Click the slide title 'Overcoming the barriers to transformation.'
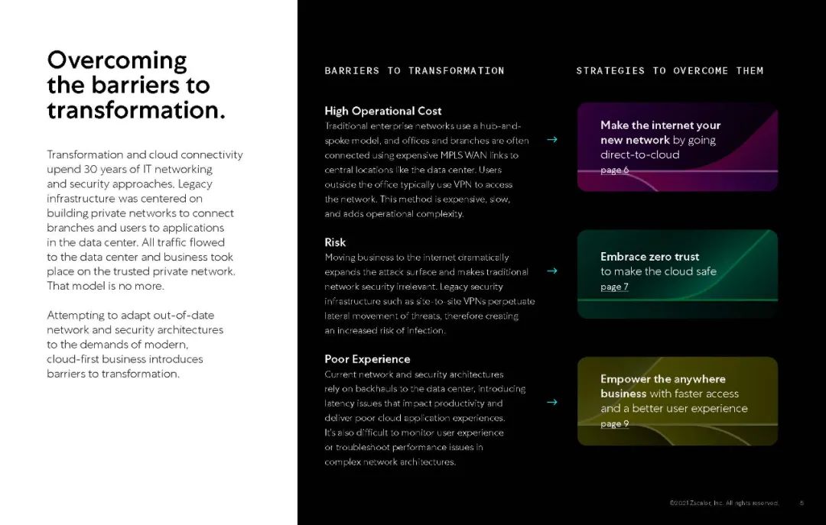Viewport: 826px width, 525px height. [x=136, y=85]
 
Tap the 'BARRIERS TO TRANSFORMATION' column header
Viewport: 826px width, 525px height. [x=414, y=70]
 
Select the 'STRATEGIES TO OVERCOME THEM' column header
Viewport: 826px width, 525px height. [x=669, y=70]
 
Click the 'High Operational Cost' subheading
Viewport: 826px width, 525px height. [x=382, y=111]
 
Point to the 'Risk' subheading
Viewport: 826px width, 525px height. [x=335, y=242]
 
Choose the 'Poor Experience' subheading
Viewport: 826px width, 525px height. [x=367, y=359]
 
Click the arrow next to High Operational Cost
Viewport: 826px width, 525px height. [x=552, y=140]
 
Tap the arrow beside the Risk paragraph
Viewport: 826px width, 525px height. [x=552, y=271]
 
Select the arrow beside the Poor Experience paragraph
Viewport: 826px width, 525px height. [x=552, y=403]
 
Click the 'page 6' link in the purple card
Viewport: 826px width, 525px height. [x=614, y=170]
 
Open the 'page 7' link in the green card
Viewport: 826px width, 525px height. [x=614, y=287]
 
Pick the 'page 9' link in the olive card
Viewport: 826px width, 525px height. [x=614, y=423]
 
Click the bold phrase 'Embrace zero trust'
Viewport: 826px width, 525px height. [x=649, y=257]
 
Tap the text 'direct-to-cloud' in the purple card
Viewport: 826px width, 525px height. [x=639, y=154]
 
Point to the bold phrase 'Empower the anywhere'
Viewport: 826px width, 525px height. [x=662, y=379]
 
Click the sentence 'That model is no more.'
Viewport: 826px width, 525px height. [x=106, y=286]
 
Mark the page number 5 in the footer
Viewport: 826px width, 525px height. [x=802, y=503]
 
